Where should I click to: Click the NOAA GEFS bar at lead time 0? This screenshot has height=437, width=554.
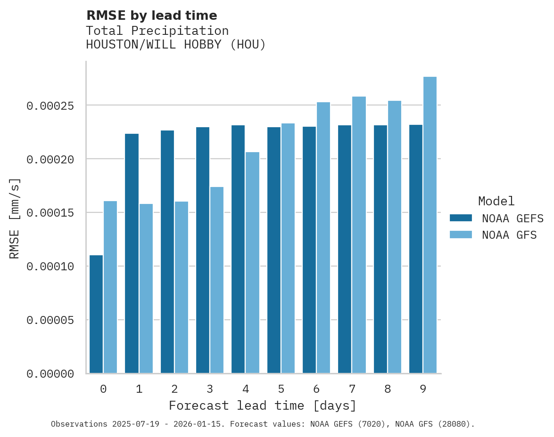tap(96, 314)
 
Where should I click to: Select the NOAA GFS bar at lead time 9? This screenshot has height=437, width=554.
tap(430, 225)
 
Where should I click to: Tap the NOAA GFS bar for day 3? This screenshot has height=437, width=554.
tap(217, 280)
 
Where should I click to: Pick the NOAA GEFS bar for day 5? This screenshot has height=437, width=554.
tap(274, 250)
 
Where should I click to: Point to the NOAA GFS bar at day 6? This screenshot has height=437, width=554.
tap(323, 238)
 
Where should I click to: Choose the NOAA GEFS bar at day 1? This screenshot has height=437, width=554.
tap(132, 253)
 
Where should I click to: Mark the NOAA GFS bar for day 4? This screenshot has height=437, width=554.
tap(252, 263)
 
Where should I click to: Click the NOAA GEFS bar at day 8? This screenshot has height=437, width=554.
tap(380, 249)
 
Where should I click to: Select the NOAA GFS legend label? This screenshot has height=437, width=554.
tap(509, 235)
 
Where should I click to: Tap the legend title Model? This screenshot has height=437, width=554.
tap(496, 201)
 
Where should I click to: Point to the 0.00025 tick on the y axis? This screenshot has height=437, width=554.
tap(50, 106)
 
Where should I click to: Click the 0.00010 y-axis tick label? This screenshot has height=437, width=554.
tap(50, 267)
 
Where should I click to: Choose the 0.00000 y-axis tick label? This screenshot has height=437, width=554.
tap(50, 374)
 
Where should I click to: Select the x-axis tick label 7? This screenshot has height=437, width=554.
tap(352, 389)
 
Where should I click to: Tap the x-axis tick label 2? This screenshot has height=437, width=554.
tap(174, 389)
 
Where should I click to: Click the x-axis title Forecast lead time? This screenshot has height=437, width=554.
tap(263, 406)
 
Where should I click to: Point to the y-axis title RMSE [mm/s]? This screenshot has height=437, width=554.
tap(15, 218)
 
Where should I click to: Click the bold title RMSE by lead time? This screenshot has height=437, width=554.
tap(152, 16)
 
